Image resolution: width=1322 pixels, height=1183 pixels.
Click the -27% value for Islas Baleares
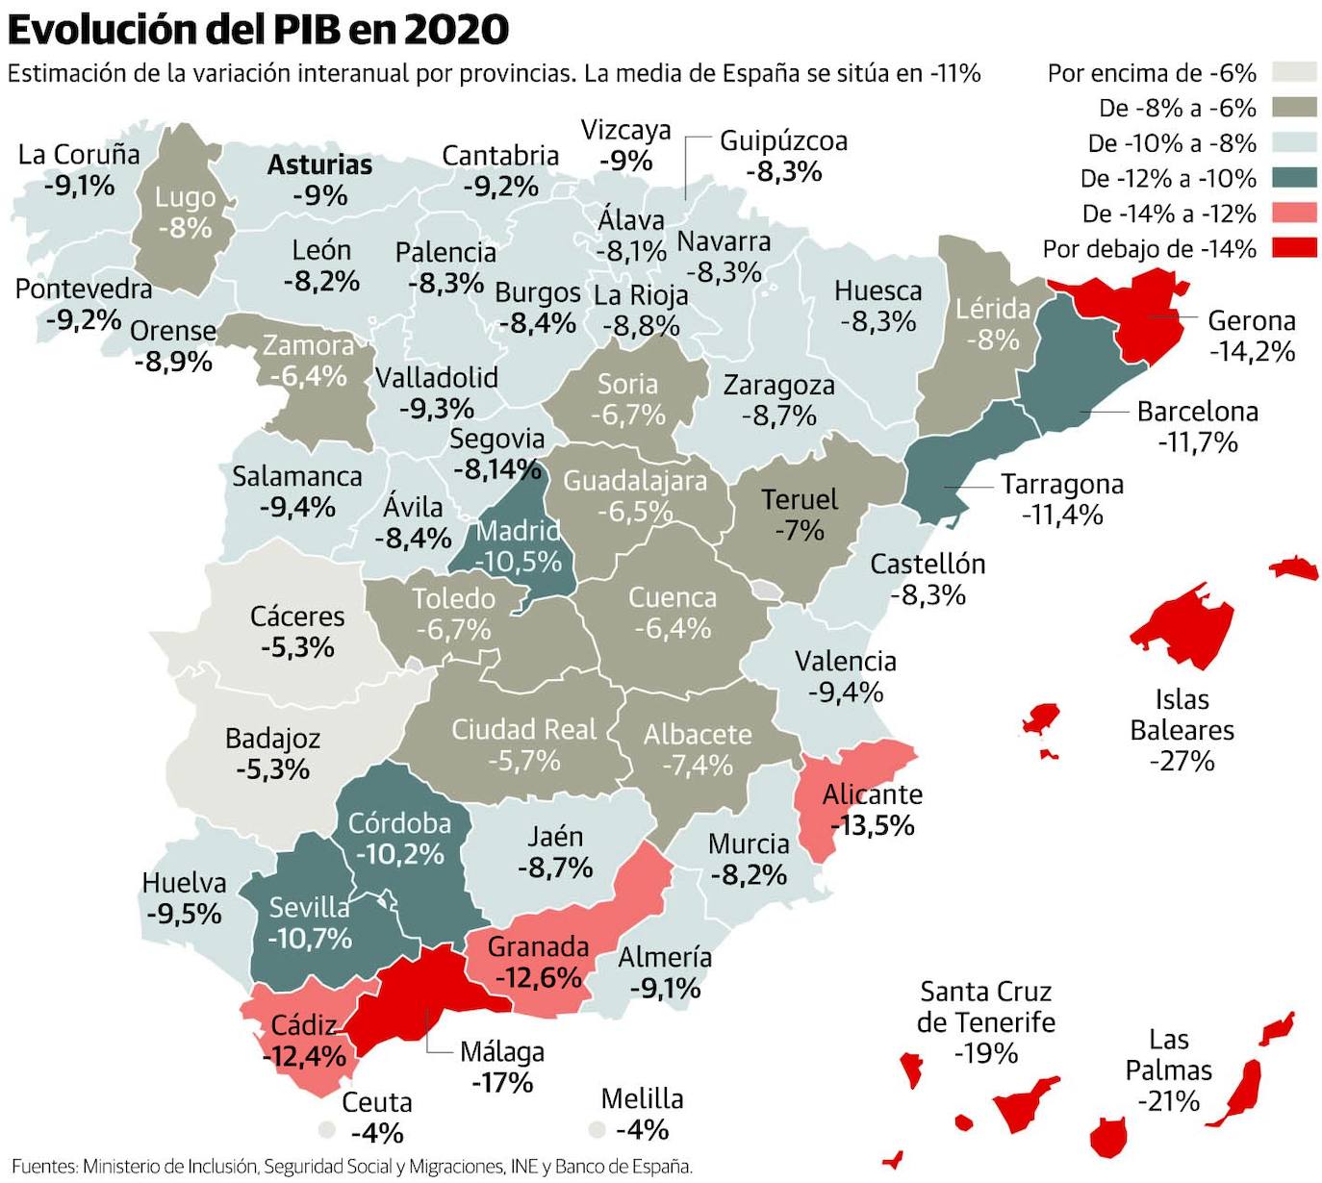[x=1182, y=761]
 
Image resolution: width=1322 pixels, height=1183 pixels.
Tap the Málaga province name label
[x=501, y=1051]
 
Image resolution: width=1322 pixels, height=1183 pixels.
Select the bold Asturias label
[x=319, y=164]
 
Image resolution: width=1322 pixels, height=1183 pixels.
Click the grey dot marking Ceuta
[x=328, y=1129]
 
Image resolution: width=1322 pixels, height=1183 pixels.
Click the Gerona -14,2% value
[x=1252, y=351]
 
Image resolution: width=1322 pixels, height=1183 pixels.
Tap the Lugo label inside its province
[x=185, y=198]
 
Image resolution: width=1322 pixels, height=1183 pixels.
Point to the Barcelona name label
[x=1197, y=412]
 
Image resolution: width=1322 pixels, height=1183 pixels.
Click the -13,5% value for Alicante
[x=872, y=825]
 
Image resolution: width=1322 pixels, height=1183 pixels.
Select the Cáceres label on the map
[x=296, y=616]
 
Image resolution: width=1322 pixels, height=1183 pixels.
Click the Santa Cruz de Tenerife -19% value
[x=985, y=1053]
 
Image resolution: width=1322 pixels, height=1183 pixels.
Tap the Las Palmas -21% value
[x=1168, y=1100]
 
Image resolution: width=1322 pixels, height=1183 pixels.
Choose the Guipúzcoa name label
[x=783, y=141]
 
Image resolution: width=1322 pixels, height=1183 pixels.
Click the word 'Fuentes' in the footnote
[x=42, y=1167]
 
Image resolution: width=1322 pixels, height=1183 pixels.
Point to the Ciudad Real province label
[x=523, y=729]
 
